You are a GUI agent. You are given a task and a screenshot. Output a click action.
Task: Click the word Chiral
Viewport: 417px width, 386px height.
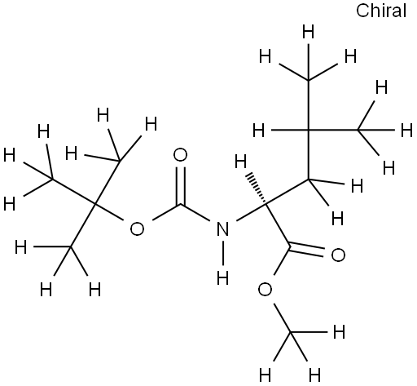pyautogui.click(x=381, y=11)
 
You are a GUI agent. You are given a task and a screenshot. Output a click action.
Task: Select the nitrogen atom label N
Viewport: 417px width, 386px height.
pyautogui.click(x=222, y=228)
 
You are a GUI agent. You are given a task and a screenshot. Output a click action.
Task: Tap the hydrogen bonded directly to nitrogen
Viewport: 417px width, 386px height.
pyautogui.click(x=222, y=278)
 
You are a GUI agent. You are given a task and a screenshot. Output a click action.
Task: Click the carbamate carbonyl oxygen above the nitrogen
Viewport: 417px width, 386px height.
pyautogui.click(x=180, y=156)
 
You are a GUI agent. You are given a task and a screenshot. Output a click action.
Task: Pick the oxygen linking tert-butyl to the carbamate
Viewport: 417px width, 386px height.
pyautogui.click(x=137, y=228)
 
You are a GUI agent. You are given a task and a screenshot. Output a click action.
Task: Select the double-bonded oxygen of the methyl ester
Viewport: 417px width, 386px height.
pyautogui.click(x=338, y=255)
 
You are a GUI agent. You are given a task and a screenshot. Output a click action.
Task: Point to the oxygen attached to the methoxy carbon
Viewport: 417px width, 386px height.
pyautogui.click(x=265, y=289)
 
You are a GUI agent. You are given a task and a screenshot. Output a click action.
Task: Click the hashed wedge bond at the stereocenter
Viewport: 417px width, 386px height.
pyautogui.click(x=256, y=188)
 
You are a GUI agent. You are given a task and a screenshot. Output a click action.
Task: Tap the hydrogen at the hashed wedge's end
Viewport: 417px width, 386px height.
pyautogui.click(x=240, y=161)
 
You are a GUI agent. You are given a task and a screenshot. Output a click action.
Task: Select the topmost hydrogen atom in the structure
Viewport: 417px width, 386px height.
pyautogui.click(x=308, y=31)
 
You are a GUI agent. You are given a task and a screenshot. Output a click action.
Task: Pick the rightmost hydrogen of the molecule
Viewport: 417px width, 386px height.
pyautogui.click(x=406, y=130)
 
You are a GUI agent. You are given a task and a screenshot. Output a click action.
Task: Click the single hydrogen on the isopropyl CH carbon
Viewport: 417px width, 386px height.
pyautogui.click(x=258, y=130)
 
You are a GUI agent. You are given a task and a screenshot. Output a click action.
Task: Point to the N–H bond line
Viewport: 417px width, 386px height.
pyautogui.click(x=222, y=254)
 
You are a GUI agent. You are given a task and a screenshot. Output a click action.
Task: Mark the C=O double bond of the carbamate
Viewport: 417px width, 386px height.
pyautogui.click(x=180, y=185)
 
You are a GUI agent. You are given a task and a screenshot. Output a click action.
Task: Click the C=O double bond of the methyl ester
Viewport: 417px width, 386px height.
pyautogui.click(x=307, y=251)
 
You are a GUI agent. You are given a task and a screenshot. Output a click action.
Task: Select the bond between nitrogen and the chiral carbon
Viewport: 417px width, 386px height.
pyautogui.click(x=252, y=212)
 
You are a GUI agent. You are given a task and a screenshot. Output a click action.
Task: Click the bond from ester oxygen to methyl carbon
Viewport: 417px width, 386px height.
pyautogui.click(x=283, y=317)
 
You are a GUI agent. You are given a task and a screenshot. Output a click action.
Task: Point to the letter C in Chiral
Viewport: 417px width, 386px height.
pyautogui.click(x=362, y=11)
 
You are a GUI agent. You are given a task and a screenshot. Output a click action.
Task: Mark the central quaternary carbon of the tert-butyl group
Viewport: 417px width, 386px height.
pyautogui.click(x=94, y=203)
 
